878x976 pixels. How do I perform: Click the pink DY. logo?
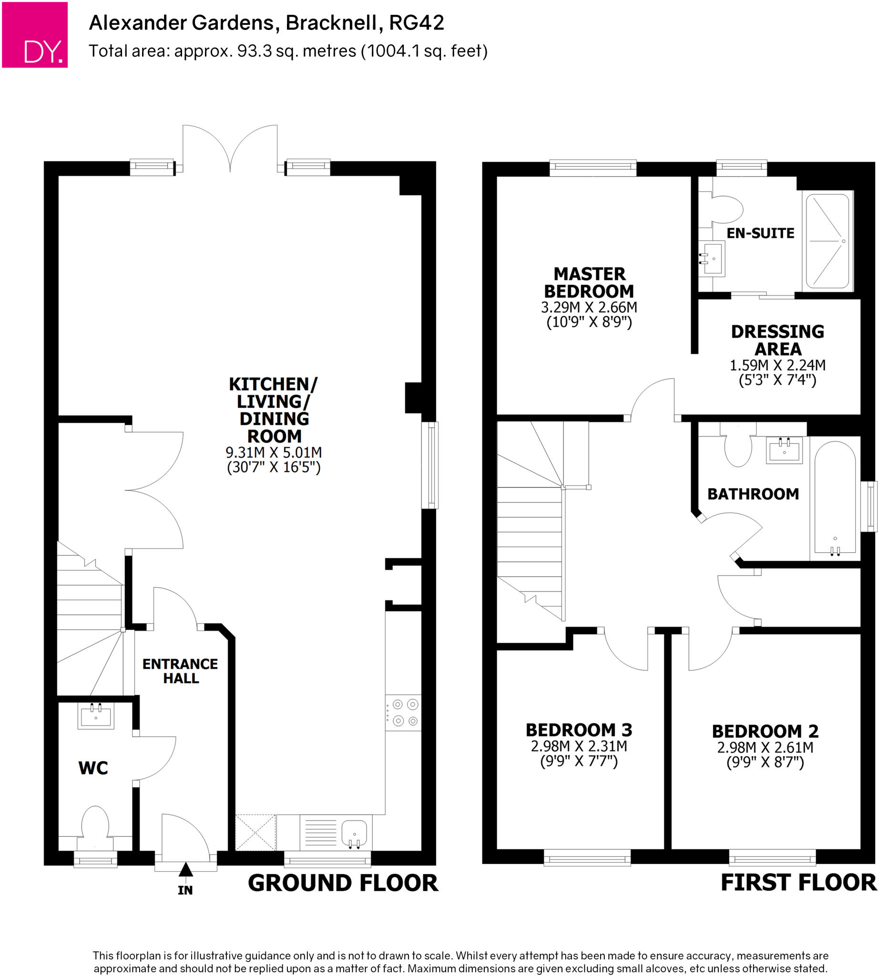click(35, 35)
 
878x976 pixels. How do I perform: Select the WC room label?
click(93, 768)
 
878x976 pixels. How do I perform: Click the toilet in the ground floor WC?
click(95, 825)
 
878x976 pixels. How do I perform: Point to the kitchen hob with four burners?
click(403, 713)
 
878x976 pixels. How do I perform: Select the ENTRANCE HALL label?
click(180, 671)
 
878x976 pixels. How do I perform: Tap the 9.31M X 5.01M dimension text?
click(274, 452)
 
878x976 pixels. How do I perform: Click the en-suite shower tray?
click(828, 241)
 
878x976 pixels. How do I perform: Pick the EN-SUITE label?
click(760, 234)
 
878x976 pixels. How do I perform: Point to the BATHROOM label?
click(753, 494)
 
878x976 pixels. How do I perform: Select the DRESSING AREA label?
click(777, 340)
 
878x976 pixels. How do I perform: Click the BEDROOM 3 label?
click(579, 730)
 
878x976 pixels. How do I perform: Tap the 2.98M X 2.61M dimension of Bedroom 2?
click(765, 747)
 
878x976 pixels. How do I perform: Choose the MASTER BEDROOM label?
click(589, 283)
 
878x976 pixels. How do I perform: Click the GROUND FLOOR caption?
click(343, 884)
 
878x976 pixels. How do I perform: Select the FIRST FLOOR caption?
click(798, 883)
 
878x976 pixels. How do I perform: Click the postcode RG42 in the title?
click(416, 23)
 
